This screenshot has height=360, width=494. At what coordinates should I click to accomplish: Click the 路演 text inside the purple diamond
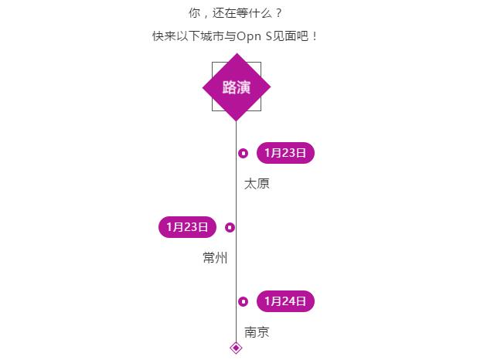237,87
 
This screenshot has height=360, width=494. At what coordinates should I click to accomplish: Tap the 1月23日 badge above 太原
285,153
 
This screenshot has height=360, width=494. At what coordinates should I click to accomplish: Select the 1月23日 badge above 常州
187,227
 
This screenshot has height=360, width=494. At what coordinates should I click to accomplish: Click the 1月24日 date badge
285,301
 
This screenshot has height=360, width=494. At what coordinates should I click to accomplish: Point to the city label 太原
257,184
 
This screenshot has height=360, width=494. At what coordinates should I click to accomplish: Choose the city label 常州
215,257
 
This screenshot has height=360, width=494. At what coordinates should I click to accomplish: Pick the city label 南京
257,332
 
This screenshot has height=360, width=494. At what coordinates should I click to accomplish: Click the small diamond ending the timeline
236,348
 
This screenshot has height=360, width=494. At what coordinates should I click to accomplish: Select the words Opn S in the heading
254,36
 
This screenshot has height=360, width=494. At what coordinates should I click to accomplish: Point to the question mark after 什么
278,13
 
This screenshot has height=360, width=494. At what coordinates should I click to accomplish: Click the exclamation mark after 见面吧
315,36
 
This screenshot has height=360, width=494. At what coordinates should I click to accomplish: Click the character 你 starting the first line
194,13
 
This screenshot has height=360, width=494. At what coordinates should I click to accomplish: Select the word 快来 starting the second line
164,36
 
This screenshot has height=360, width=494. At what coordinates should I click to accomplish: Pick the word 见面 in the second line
284,36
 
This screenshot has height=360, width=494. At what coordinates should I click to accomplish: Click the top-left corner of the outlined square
212,62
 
